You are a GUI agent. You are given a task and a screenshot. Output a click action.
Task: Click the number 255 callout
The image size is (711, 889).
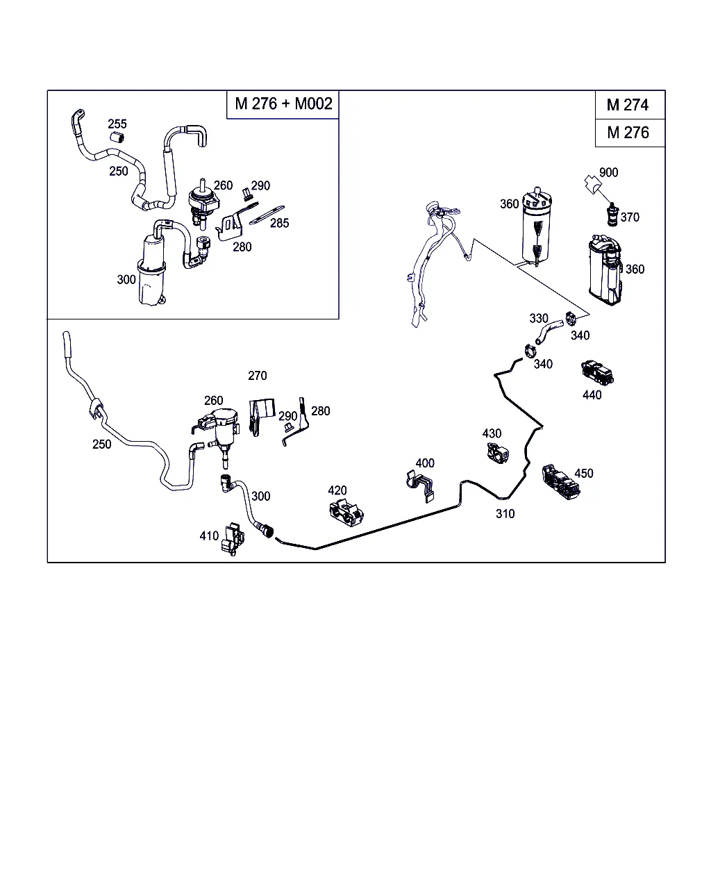[117, 124]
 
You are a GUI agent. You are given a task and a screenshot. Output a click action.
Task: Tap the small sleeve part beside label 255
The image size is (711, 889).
[117, 138]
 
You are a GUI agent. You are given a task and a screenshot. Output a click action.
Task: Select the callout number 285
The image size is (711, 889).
[279, 223]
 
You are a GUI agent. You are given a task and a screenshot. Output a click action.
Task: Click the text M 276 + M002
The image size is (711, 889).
[283, 104]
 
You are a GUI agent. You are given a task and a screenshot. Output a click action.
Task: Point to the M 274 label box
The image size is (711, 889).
[628, 105]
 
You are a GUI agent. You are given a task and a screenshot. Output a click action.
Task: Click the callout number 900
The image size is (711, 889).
[608, 172]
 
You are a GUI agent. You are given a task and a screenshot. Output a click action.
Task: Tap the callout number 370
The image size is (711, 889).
[630, 217]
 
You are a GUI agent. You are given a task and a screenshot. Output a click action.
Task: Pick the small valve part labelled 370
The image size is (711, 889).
[612, 214]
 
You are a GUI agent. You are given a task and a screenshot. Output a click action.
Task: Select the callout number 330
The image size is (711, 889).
[539, 318]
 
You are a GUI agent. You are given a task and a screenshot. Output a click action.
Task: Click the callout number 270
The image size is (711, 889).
[258, 376]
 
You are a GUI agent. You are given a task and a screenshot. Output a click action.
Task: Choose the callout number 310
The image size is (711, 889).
[505, 514]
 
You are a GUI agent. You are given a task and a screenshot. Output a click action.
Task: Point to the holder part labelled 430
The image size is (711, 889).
[496, 454]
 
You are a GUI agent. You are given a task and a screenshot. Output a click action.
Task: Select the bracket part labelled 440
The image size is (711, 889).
[597, 374]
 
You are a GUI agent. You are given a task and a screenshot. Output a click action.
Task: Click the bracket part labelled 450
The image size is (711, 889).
[560, 481]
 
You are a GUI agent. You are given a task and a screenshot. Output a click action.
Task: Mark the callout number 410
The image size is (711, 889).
[209, 535]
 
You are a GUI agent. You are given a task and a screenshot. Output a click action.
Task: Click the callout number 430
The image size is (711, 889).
[492, 433]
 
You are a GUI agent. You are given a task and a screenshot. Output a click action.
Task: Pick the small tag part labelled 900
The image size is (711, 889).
[592, 184]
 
